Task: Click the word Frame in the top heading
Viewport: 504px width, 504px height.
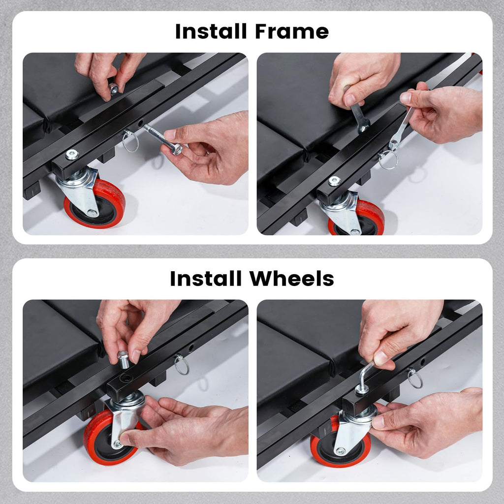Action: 292,31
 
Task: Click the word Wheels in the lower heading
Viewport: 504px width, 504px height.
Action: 292,279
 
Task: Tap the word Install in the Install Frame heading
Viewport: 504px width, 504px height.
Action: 211,31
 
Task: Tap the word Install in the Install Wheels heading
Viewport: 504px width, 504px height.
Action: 206,279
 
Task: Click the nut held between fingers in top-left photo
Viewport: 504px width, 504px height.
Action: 114,89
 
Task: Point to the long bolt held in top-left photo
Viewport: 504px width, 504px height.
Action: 163,139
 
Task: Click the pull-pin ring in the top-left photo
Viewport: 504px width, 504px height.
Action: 130,141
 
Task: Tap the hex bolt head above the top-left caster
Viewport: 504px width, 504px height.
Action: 72,155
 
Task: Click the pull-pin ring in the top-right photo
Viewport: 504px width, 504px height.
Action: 388,159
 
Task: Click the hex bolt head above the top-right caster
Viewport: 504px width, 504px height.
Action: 335,181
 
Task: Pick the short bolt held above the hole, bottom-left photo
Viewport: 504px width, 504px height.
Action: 124,359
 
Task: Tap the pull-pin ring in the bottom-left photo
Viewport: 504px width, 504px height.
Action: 182,365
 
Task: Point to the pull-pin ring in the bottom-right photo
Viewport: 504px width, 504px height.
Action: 415,378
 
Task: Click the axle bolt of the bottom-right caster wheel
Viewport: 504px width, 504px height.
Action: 340,452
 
